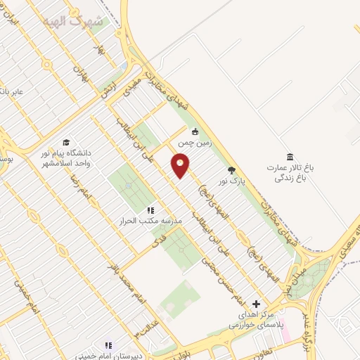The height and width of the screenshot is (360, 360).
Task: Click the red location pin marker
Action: [181, 166]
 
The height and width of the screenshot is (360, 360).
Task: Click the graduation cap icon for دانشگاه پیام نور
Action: [66, 142]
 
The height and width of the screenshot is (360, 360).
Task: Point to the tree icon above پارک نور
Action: [232, 169]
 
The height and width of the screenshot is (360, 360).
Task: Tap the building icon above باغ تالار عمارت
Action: [290, 156]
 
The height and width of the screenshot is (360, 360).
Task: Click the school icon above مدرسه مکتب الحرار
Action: [150, 210]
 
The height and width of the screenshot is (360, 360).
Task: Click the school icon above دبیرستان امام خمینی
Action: [108, 345]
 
